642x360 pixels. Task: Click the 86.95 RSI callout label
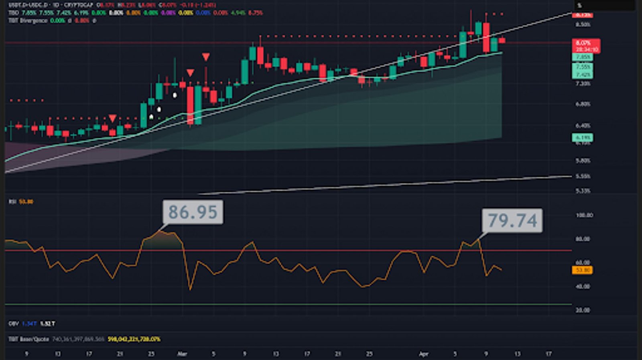point(193,212)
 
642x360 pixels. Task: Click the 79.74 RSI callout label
point(512,220)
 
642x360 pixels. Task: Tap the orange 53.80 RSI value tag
point(582,270)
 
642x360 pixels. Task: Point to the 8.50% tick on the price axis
point(583,24)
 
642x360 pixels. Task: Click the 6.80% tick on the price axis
point(583,104)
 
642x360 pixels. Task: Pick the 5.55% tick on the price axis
point(583,176)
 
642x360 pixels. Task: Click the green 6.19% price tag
point(583,138)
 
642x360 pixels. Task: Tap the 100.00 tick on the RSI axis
point(584,215)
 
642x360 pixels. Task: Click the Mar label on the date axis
point(182,354)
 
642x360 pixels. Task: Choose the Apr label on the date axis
point(424,354)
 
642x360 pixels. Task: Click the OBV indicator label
point(13,323)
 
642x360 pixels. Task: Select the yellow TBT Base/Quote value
point(134,339)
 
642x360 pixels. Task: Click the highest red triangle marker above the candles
point(206,57)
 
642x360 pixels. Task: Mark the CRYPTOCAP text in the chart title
point(79,5)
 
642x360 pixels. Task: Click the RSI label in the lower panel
point(12,201)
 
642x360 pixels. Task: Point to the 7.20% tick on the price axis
point(583,83)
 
